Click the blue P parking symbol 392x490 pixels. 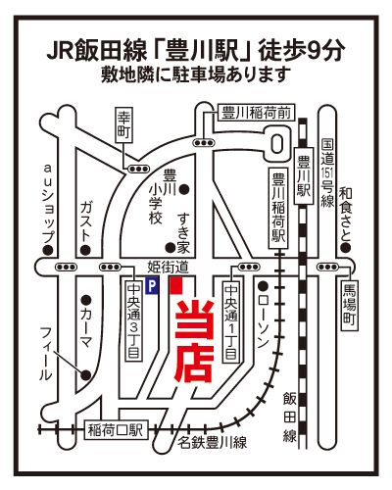[151, 286]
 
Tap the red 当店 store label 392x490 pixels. [195, 341]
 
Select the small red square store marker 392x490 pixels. [176, 286]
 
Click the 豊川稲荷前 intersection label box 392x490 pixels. [256, 113]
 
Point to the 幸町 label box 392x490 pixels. [124, 125]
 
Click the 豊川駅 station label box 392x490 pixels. [304, 176]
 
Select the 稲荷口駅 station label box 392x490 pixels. [117, 430]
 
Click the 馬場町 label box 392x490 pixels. [350, 304]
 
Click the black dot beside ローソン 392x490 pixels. [263, 286]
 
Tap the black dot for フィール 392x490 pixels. [86, 375]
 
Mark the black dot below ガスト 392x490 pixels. [85, 250]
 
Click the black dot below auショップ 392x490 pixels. [48, 250]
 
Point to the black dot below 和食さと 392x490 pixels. [346, 248]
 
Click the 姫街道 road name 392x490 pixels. [169, 267]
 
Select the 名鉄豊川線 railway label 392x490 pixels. [212, 443]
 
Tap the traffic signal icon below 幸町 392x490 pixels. [138, 169]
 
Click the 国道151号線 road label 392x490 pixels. [327, 172]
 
